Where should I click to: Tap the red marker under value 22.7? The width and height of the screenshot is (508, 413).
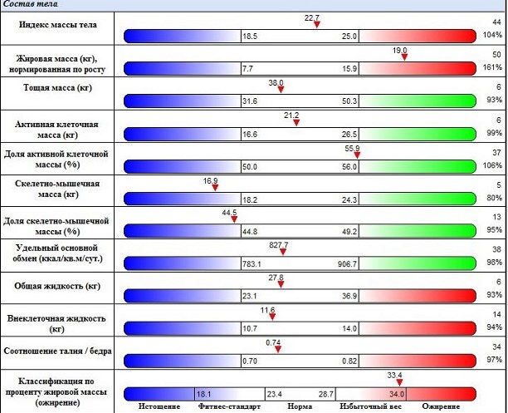tap(316, 24)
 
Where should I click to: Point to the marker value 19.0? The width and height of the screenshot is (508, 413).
tap(400, 50)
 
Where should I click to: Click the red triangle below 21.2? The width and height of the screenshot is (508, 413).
tap(296, 122)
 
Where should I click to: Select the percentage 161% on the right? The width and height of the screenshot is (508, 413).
tap(493, 67)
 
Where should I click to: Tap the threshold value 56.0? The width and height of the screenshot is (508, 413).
tap(348, 166)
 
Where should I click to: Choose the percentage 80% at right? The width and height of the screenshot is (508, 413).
tap(496, 197)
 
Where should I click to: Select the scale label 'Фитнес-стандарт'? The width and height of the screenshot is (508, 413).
tap(230, 407)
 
